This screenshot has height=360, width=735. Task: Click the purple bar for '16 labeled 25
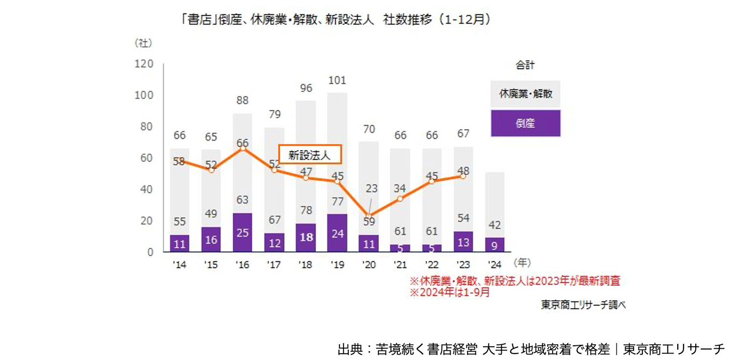point(243,233)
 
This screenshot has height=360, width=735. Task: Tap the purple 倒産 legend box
point(525,123)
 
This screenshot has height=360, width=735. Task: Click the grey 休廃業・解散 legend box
point(525,94)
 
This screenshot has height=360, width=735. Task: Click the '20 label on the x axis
point(369,265)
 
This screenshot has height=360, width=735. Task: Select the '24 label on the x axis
point(494,265)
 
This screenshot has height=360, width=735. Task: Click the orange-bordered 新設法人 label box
point(310,155)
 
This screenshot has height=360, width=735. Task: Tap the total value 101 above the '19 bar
point(337,80)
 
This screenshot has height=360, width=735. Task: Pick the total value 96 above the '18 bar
point(305,89)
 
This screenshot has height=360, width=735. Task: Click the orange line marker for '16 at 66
point(243,148)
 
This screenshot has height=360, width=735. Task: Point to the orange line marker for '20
point(368,216)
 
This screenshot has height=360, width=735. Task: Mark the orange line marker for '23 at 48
point(463,176)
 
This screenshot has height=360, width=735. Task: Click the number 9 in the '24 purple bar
point(494,244)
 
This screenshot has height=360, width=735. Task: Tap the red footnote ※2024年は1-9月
point(450,292)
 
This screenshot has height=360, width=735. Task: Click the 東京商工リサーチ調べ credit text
point(583,305)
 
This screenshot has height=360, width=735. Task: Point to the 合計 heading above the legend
point(525,65)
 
